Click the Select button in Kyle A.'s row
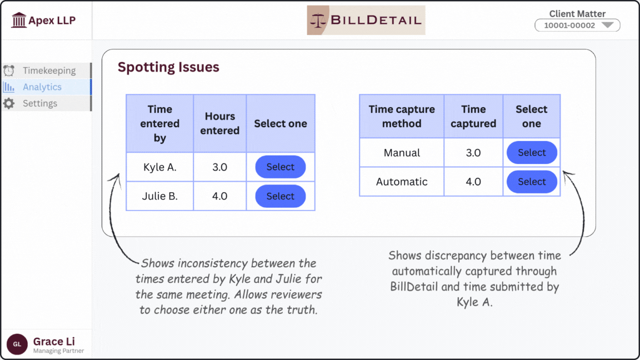[280, 167]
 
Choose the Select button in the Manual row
[532, 153]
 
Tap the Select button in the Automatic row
[532, 182]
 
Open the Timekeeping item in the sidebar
[48, 71]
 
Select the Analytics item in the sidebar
[42, 87]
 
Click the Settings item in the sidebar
[39, 103]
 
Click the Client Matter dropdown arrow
[607, 25]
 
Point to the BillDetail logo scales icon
[319, 21]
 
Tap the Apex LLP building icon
[19, 21]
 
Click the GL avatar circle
[17, 344]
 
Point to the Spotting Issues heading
[168, 67]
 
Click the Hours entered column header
[220, 123]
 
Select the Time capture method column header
[402, 117]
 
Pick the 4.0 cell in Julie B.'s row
[220, 196]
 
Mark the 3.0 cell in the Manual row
[473, 153]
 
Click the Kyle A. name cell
[160, 167]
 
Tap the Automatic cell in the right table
[402, 182]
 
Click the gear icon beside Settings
[9, 103]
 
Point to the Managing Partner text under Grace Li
[58, 351]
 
